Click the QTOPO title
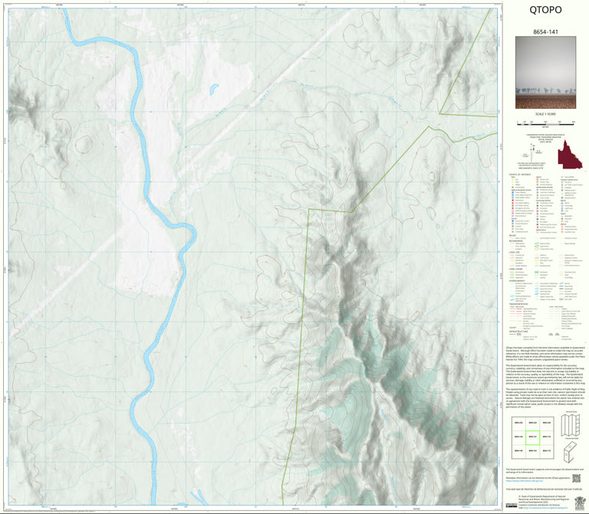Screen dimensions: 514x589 click(x=545, y=10)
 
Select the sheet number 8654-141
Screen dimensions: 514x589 click(x=545, y=34)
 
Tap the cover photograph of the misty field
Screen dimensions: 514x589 click(x=545, y=75)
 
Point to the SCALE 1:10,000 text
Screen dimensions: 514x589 click(x=545, y=115)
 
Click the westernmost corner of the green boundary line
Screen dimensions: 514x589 click(x=309, y=208)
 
